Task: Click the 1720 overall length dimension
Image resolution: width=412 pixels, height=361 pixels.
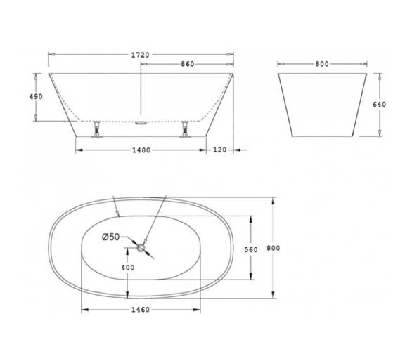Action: (140, 55)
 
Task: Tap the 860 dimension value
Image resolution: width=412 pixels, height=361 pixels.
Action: (187, 64)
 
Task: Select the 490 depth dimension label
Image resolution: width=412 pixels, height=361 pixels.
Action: (36, 97)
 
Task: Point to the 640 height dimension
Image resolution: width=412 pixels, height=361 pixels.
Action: (380, 105)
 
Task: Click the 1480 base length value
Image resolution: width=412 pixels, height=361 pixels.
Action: (141, 150)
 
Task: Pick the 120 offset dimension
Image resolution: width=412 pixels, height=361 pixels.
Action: (219, 150)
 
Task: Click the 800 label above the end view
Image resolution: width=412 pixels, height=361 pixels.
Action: (322, 64)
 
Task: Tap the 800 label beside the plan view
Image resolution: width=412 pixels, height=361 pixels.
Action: (273, 248)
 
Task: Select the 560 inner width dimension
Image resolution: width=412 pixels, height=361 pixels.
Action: (251, 249)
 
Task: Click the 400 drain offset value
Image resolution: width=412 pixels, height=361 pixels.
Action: (128, 268)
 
